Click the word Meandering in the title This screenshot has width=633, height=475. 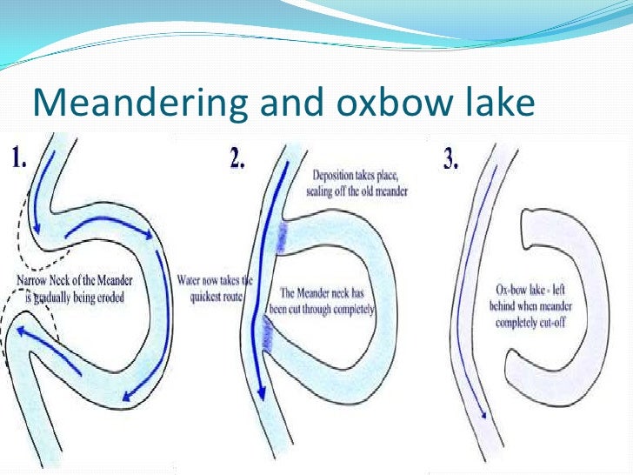pos(123,104)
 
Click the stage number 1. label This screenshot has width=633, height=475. pos(23,159)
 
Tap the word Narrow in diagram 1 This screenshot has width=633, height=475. pos(35,281)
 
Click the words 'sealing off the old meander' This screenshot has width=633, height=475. pos(356,190)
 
